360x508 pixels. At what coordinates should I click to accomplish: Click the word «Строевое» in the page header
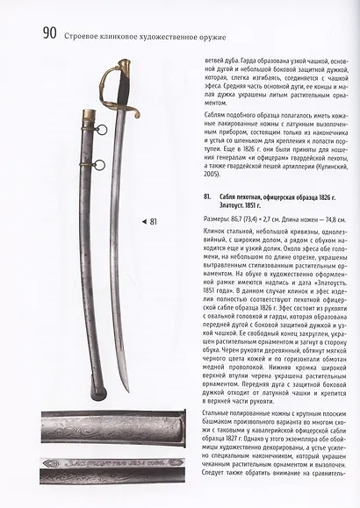coord(86,36)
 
